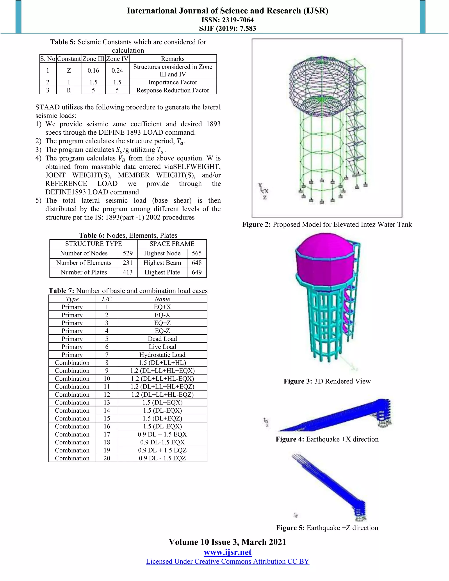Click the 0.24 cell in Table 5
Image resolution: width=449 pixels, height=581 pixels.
(117, 71)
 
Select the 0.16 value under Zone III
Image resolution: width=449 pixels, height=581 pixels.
(93, 71)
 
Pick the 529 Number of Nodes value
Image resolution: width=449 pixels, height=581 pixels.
(128, 253)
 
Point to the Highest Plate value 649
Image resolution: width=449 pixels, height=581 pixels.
(197, 272)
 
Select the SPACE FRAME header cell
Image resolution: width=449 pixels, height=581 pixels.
(172, 244)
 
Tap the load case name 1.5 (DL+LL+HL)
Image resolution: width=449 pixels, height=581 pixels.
(162, 363)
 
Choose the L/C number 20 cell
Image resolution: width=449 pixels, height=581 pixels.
(107, 458)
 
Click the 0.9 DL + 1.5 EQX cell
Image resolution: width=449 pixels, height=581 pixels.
(162, 434)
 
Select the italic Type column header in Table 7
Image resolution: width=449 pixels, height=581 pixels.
(72, 299)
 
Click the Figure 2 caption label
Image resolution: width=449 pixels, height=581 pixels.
(327, 225)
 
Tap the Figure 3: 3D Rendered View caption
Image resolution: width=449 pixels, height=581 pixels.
(327, 381)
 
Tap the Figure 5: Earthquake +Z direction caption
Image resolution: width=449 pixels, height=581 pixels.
(327, 528)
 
